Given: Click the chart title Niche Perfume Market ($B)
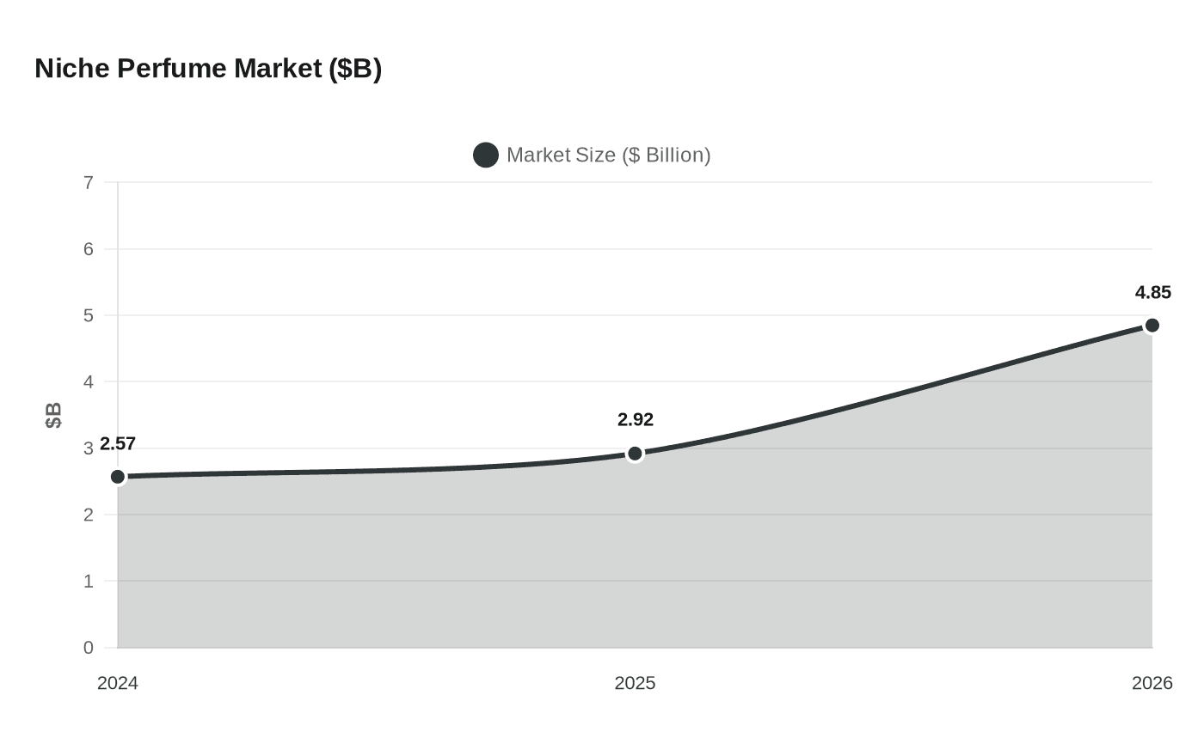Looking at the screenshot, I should [x=208, y=68].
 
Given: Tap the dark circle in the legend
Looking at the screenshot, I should [x=486, y=155].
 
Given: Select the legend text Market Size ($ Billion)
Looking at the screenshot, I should [x=608, y=155].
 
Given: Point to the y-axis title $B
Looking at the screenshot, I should [x=53, y=415].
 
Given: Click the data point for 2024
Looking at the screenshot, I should [x=118, y=477].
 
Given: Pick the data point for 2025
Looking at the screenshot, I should [x=635, y=454].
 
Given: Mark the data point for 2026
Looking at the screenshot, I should [x=1152, y=326].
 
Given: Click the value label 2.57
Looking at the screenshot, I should [x=118, y=444].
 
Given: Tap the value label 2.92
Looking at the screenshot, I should [x=635, y=420].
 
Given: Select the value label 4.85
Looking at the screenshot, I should [x=1152, y=293].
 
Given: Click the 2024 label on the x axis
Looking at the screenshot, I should [x=118, y=683].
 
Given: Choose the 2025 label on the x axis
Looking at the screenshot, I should [x=635, y=683].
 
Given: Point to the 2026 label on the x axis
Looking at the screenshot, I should [x=1152, y=683].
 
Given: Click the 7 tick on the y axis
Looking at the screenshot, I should [x=89, y=183].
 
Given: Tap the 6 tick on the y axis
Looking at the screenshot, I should [x=89, y=249].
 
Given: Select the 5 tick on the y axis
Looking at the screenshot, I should [x=89, y=315].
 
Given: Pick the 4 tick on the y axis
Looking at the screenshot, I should [x=89, y=382].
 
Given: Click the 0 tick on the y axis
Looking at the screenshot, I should [x=89, y=648].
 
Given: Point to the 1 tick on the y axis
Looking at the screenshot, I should [x=89, y=582].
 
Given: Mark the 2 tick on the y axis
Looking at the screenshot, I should [x=89, y=515].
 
